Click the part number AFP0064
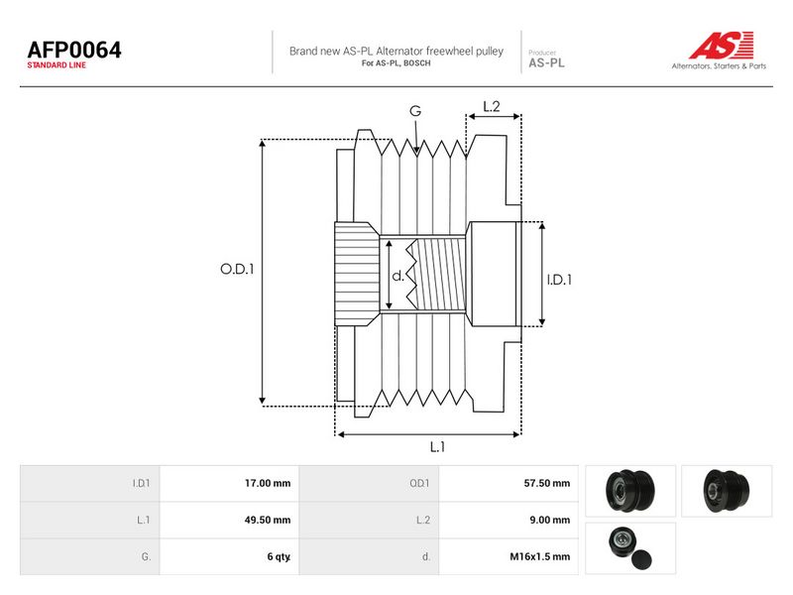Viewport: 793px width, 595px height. point(74,50)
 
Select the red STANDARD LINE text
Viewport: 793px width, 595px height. point(57,65)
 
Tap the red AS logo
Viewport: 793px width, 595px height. point(722,45)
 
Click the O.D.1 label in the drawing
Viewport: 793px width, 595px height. point(237,269)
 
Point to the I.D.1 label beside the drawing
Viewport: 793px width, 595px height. point(559,280)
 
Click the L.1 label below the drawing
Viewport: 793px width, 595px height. point(437,447)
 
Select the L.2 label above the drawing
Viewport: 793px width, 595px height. point(492,106)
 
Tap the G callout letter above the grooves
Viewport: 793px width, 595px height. point(415,111)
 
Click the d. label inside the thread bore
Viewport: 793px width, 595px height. point(398,276)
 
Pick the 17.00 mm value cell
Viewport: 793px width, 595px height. point(268,483)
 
